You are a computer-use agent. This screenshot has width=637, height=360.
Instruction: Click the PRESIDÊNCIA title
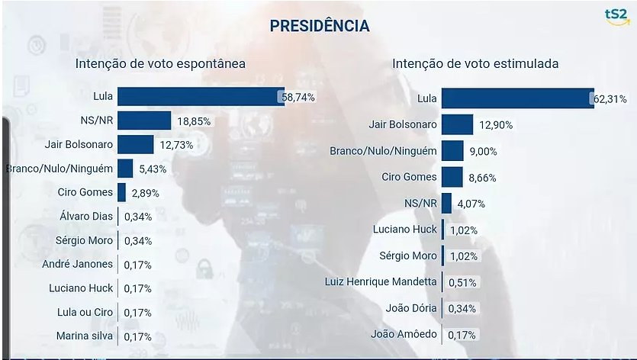(x=319, y=26)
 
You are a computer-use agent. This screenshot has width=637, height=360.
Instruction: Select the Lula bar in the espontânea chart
(x=201, y=97)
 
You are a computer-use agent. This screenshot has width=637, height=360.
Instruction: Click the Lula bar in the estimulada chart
(x=517, y=98)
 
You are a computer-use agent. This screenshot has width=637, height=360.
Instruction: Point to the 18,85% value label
(x=194, y=121)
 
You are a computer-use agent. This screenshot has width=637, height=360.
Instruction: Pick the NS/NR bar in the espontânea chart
(x=144, y=121)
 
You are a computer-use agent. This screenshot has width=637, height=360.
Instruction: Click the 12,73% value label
(x=175, y=145)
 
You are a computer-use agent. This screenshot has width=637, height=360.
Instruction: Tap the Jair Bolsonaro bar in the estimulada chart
(x=457, y=124)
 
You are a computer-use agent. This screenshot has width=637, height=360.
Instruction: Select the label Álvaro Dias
(x=85, y=217)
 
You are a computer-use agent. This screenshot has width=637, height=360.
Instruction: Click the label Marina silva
(x=85, y=336)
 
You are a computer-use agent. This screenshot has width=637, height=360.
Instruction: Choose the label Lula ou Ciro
(x=84, y=312)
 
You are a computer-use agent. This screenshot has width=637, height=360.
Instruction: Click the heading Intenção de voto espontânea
(x=160, y=63)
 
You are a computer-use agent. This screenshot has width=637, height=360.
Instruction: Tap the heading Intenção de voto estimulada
(x=475, y=63)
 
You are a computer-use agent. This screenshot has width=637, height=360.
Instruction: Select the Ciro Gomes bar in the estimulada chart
(x=452, y=177)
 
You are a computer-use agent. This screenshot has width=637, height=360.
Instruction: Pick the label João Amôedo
(x=404, y=334)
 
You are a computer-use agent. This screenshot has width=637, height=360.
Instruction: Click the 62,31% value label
(x=611, y=99)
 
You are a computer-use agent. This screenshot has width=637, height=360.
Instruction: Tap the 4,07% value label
(x=469, y=204)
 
